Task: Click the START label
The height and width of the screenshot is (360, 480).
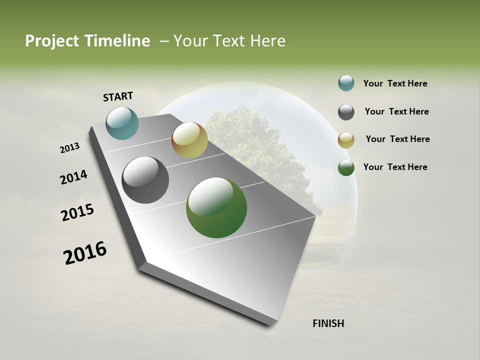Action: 118,96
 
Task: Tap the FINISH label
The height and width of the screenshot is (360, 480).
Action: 328,323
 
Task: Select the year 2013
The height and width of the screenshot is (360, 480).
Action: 70,147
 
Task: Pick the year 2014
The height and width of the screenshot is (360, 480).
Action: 73,177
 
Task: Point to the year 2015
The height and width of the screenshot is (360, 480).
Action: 77,212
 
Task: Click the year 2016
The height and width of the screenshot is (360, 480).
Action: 85,253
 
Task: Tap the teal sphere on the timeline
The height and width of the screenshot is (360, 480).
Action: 122,123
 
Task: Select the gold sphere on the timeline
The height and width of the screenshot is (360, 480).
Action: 189,140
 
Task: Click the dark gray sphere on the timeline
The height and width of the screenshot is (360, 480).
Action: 145,180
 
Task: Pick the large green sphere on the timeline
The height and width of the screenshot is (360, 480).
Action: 216,207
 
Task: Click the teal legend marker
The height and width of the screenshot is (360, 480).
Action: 346,83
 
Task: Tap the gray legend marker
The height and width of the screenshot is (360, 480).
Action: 346,112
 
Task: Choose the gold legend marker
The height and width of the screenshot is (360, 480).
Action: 346,140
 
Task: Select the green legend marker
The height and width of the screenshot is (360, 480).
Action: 346,167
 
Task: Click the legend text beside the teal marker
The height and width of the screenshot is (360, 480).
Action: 395,84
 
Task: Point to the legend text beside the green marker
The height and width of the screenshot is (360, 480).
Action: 395,167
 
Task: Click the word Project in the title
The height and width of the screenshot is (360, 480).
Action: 51,41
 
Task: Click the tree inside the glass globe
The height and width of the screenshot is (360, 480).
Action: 250,150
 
